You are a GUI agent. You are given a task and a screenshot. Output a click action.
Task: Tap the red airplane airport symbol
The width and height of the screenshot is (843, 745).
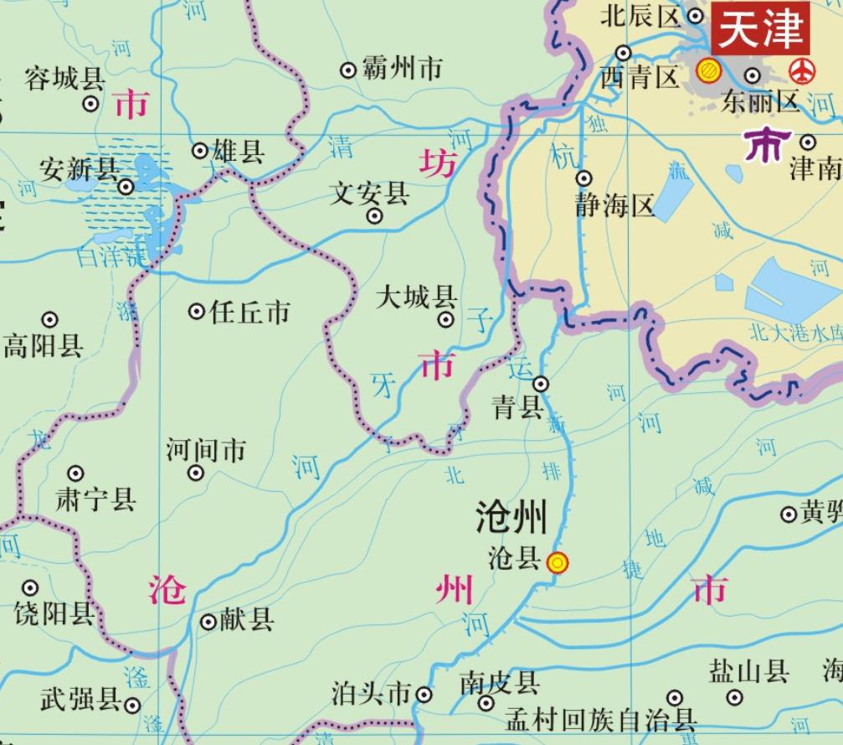click(802, 71)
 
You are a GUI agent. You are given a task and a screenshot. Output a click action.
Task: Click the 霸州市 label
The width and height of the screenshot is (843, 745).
click(402, 70)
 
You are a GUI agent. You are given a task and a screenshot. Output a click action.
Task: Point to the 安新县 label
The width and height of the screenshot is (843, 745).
click(79, 170)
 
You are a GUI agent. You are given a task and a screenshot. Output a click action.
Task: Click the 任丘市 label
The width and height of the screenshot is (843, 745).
click(249, 313)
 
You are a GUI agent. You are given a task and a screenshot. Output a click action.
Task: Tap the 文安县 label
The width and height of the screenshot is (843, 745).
click(370, 194)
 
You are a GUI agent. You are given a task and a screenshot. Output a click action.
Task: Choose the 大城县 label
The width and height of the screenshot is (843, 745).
click(416, 297)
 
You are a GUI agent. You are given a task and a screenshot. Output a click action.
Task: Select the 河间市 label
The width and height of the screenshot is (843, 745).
click(206, 450)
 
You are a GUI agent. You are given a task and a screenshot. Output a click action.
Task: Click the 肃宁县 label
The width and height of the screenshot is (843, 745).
click(95, 500)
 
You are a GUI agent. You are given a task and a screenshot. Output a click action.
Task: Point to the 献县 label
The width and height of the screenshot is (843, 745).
click(247, 620)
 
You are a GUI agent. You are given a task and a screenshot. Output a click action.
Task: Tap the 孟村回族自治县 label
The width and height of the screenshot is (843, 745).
click(601, 719)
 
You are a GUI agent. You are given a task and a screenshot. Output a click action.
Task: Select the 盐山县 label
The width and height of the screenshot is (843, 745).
click(749, 671)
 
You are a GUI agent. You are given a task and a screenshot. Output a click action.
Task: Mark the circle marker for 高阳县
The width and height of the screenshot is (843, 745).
click(50, 319)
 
